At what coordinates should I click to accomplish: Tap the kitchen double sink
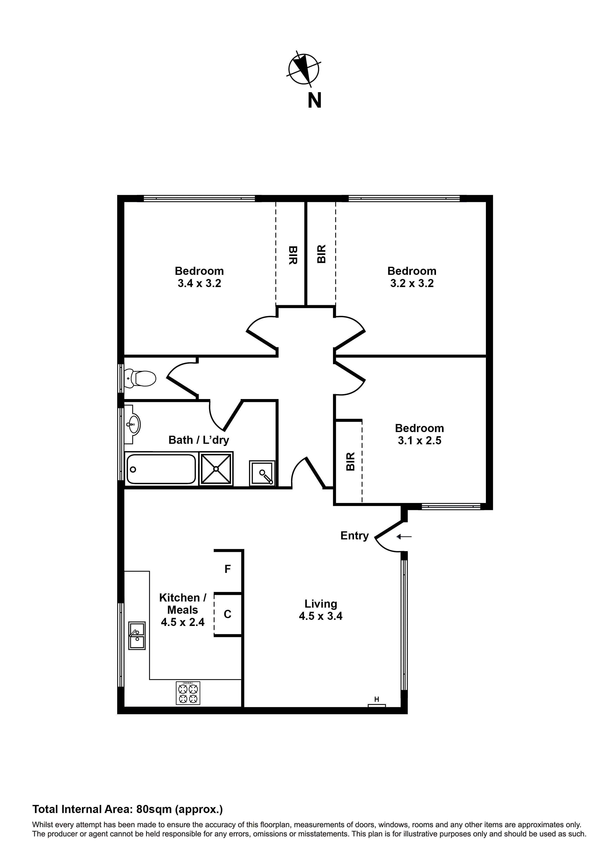coord(137,635)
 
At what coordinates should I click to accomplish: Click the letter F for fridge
coord(227,569)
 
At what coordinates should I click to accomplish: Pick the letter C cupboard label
coord(227,614)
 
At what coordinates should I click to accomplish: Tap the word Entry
coord(354,536)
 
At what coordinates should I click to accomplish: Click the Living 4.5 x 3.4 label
coord(321,610)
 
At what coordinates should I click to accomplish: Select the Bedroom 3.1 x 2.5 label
coord(419,434)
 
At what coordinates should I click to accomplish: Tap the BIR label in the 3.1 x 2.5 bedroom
coord(350,461)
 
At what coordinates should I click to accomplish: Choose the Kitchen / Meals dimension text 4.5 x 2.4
coord(183,622)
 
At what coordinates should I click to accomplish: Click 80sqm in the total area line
coord(154,809)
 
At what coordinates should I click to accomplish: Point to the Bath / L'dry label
coord(199,440)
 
